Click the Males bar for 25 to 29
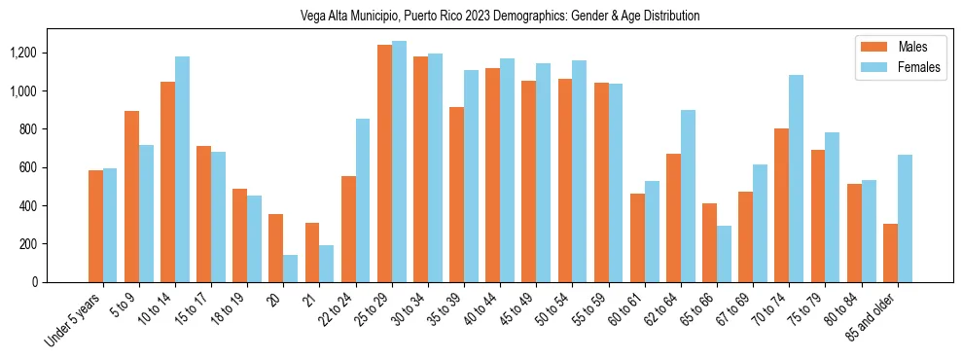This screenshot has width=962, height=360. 385,163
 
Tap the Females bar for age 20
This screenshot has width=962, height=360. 291,269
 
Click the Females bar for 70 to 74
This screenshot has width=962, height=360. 797,179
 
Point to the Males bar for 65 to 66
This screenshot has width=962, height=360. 710,243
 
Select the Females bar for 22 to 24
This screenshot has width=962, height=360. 363,200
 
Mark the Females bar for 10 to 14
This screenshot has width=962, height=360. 182,169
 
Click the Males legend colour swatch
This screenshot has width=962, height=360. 873,47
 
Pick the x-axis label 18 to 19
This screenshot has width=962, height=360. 230,308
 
